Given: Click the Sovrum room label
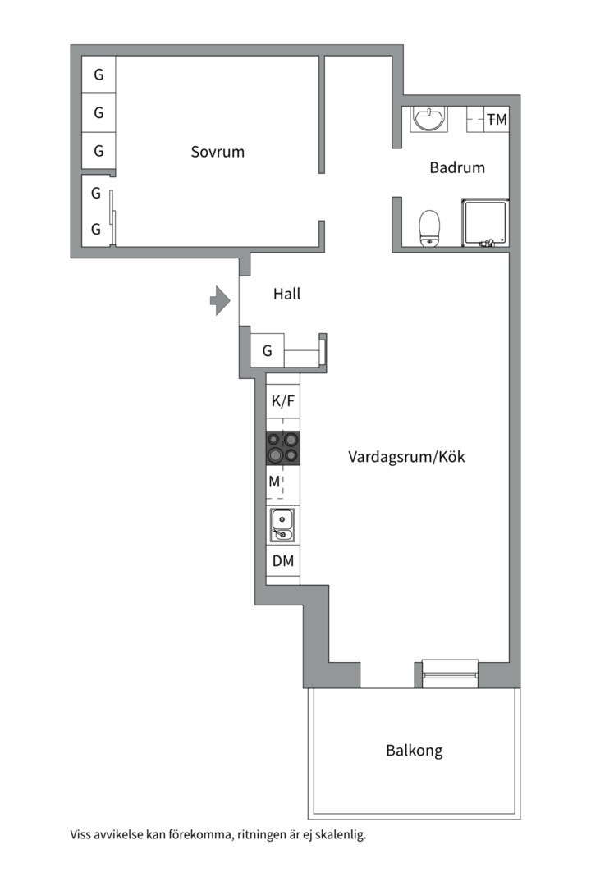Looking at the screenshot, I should (x=218, y=152).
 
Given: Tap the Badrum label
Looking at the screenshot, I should (x=457, y=167).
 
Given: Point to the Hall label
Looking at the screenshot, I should (x=286, y=293).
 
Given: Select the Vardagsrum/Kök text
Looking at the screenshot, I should (x=406, y=457).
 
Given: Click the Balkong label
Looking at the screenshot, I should (x=414, y=750).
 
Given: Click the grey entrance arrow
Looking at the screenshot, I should (x=219, y=300).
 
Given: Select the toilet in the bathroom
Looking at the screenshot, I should (x=429, y=227).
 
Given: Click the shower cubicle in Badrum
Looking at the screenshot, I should (x=485, y=221).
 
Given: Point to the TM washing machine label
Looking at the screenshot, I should (x=497, y=120).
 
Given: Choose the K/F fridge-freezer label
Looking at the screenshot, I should (x=282, y=401).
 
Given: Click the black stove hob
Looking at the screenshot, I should (x=282, y=449).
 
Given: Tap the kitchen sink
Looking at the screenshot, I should (x=282, y=524).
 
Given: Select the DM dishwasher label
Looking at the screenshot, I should (x=283, y=562).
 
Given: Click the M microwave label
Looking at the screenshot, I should (x=275, y=482).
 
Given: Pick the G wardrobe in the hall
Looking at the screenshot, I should (x=267, y=351).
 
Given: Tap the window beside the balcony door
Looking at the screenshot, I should (x=450, y=666).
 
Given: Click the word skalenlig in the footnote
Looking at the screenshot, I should (x=336, y=835).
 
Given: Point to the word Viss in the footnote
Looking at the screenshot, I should (x=82, y=835).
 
